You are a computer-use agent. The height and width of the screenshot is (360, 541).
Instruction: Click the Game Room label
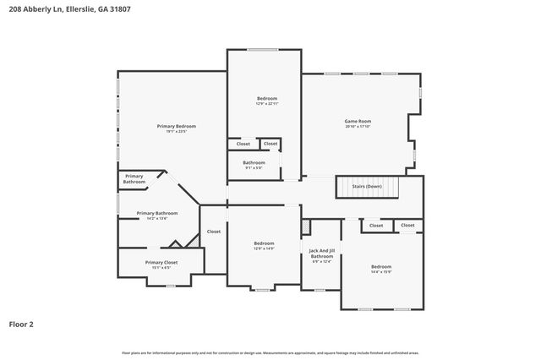358,121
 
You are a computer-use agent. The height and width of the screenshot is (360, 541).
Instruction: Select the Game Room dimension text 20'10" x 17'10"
358,127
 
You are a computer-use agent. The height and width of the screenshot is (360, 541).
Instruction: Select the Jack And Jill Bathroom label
321,254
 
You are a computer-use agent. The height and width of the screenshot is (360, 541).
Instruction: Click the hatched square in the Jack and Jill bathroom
306,228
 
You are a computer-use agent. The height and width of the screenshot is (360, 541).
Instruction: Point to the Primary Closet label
161,262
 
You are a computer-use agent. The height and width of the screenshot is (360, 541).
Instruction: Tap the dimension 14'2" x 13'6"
156,219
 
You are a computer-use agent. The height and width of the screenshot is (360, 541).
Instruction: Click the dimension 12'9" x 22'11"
266,105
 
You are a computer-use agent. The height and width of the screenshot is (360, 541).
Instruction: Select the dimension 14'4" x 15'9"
380,272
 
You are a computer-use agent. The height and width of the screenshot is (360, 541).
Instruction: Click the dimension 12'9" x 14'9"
265,249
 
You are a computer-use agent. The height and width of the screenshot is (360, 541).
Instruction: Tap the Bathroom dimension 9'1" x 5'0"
254,168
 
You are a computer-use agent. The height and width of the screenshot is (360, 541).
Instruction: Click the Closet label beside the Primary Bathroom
214,232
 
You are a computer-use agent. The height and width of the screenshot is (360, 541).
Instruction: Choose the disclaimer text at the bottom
270,352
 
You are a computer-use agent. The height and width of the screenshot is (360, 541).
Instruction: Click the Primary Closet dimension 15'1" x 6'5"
161,268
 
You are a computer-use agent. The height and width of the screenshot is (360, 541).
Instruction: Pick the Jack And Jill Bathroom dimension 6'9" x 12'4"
321,262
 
